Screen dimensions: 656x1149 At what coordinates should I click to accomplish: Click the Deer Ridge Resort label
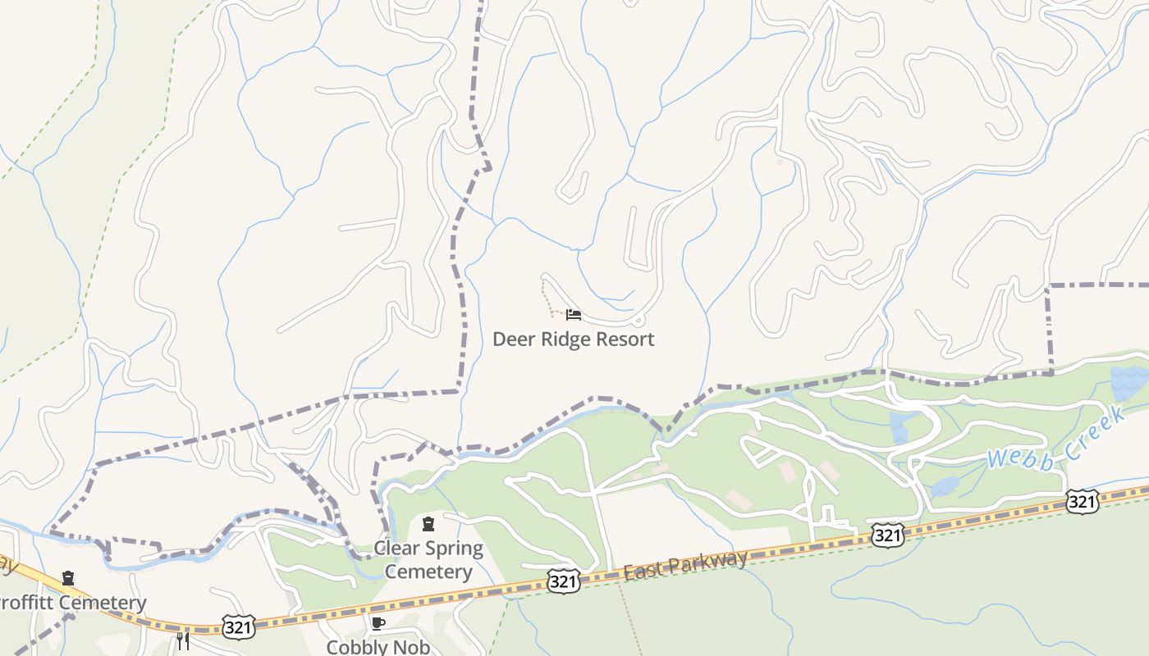click(573, 339)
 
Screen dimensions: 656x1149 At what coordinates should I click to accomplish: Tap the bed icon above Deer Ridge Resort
click(574, 314)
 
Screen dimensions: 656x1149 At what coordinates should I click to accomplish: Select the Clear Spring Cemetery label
click(428, 559)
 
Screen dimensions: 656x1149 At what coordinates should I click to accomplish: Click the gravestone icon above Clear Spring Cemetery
click(428, 524)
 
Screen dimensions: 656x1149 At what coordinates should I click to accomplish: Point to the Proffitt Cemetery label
click(72, 603)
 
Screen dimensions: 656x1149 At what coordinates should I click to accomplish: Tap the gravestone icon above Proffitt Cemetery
click(68, 578)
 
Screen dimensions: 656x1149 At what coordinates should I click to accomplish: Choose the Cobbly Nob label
click(378, 646)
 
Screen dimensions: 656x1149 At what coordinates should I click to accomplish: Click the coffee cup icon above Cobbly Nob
click(378, 623)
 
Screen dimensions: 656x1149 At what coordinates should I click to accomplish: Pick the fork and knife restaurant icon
click(183, 640)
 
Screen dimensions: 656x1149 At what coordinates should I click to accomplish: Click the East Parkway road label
click(685, 565)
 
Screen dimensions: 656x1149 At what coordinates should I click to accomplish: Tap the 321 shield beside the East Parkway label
click(564, 581)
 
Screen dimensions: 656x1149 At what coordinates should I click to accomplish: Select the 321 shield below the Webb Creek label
click(1082, 501)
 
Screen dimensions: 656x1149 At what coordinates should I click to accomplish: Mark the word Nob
click(412, 646)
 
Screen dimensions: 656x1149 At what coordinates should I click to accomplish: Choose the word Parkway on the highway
click(711, 562)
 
